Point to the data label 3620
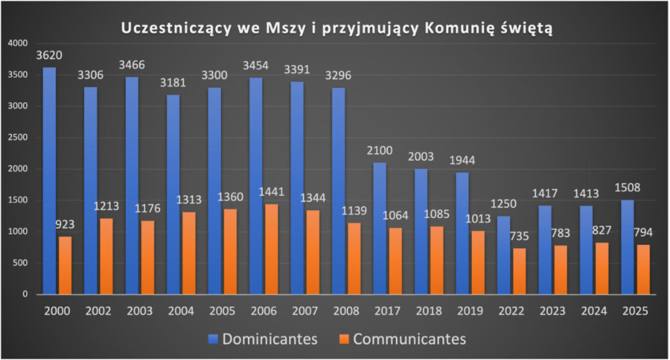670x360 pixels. (x=50, y=55)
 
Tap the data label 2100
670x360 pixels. (x=379, y=151)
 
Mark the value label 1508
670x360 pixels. (x=627, y=188)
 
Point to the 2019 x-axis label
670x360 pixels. (x=469, y=311)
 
